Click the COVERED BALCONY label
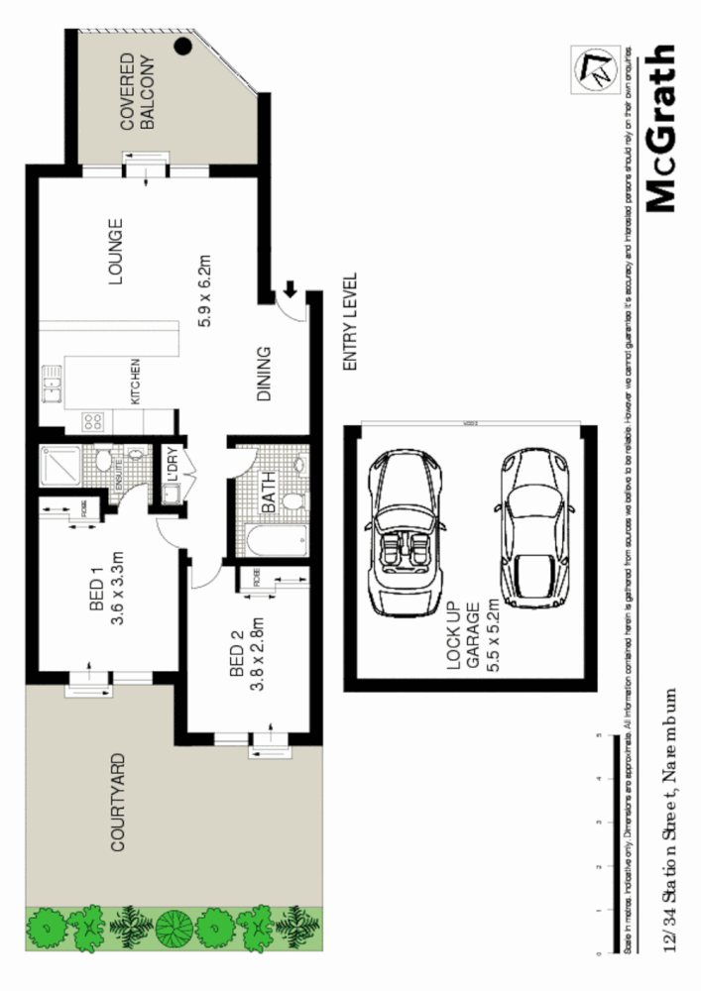pyautogui.click(x=137, y=92)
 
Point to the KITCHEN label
pyautogui.click(x=136, y=381)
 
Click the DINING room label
pyautogui.click(x=264, y=374)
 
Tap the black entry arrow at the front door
pyautogui.click(x=291, y=289)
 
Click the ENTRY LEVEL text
pyautogui.click(x=348, y=322)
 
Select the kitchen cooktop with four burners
pyautogui.click(x=92, y=420)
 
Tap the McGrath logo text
pyautogui.click(x=659, y=129)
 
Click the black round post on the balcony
pyautogui.click(x=182, y=45)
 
